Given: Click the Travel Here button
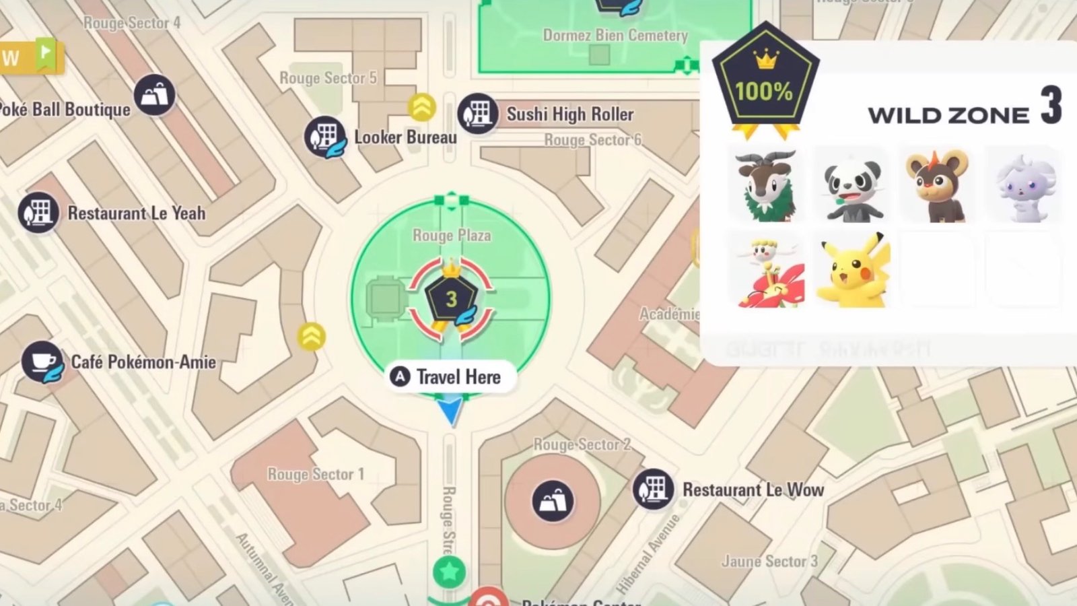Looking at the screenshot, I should click(450, 377).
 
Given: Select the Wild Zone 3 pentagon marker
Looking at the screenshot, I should click(451, 298).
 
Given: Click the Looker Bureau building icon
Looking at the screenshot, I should click(325, 137).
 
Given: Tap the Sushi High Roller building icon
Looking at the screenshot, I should click(478, 114).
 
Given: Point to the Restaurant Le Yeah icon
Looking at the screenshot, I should click(38, 213).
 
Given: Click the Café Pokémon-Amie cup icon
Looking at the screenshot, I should click(43, 362).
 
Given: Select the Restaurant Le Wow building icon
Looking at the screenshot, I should click(653, 489).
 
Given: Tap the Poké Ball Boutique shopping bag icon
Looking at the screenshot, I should click(154, 95).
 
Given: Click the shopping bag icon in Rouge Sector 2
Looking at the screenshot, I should click(553, 501).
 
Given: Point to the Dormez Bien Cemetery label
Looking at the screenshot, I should click(615, 36).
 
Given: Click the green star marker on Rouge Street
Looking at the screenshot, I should click(449, 572).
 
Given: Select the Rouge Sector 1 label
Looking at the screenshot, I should click(315, 475).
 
